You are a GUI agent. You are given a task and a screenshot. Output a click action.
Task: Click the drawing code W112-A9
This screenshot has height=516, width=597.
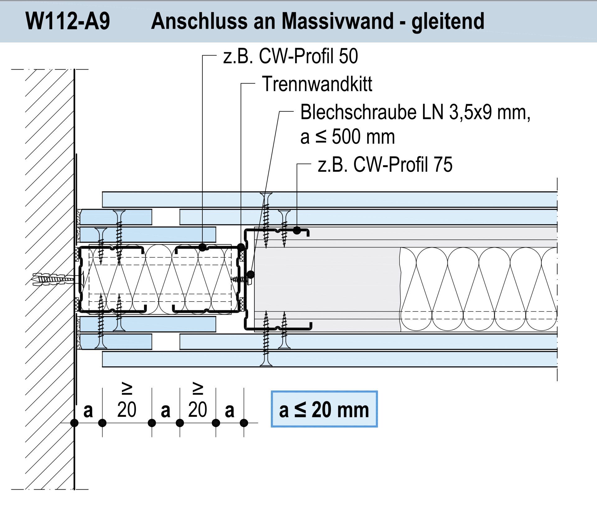[x=68, y=21]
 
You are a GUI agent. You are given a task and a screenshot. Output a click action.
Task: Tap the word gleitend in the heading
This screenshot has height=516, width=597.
[x=448, y=21]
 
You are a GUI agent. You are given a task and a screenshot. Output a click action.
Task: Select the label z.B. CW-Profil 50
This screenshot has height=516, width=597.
[x=290, y=56]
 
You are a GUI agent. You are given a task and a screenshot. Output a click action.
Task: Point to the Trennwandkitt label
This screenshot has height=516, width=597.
[x=317, y=84]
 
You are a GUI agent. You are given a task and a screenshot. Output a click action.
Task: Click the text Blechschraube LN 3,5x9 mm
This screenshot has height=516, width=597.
[x=415, y=112]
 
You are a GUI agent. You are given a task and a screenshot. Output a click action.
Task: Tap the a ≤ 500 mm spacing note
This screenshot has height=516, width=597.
[x=348, y=137]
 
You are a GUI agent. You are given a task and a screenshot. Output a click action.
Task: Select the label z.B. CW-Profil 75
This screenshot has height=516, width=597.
[x=385, y=165]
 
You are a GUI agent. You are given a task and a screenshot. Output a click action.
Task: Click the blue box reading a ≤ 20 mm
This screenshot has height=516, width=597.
[x=324, y=409]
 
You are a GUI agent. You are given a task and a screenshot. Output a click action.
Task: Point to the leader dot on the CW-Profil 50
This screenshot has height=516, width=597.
[x=202, y=247]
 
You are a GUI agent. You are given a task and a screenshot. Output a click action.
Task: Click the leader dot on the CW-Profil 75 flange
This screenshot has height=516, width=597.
[x=297, y=230]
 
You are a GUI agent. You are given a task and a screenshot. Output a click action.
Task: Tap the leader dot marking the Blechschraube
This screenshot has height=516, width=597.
[x=250, y=275]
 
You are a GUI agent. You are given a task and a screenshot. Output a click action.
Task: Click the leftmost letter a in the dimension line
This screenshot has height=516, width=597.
[x=88, y=411]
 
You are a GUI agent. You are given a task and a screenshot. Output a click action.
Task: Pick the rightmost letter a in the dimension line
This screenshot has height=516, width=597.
[x=229, y=411]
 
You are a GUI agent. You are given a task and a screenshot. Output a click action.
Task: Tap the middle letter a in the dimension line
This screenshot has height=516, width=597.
[x=165, y=411]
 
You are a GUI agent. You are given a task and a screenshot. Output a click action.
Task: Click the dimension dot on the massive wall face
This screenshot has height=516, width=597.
[x=74, y=423]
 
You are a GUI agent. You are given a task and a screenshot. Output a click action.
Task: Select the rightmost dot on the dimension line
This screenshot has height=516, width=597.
[x=244, y=423]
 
